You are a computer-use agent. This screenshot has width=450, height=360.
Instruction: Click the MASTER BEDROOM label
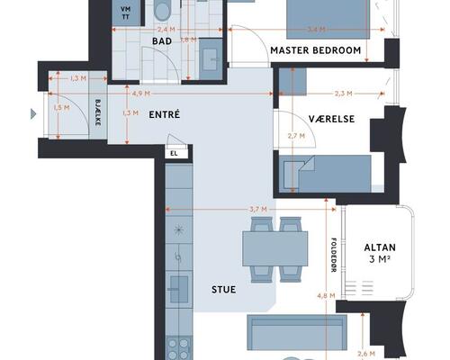[x=316, y=50]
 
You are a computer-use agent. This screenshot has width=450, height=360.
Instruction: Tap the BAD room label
[x=162, y=41]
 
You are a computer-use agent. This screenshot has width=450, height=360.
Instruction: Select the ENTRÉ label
[x=165, y=114]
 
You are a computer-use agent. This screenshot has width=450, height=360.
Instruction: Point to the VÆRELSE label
[x=331, y=119]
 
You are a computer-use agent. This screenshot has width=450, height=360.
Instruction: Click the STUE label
[x=224, y=290]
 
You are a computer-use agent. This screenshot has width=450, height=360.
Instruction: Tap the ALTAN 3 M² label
[x=380, y=253]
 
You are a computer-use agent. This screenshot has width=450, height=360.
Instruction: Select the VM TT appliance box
[x=126, y=13]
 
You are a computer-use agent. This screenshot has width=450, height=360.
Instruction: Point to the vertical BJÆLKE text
[x=98, y=112]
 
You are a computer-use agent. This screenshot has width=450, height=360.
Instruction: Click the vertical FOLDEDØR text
[x=333, y=255]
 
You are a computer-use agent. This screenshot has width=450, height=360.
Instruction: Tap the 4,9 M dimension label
[x=141, y=94]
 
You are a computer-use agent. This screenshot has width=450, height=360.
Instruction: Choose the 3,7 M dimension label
[x=258, y=209]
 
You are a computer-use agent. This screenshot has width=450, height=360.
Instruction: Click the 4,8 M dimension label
[x=326, y=296]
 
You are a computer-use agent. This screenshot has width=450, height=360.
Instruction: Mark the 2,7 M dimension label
[x=296, y=136]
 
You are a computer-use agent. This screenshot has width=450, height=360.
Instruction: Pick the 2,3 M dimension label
[x=344, y=94]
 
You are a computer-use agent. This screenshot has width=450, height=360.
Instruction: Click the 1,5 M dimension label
[x=61, y=107]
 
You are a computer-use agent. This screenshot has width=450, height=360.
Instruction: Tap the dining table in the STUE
[x=275, y=248]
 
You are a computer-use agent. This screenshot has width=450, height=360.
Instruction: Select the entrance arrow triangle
[x=33, y=114]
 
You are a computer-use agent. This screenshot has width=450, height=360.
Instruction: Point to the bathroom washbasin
[x=211, y=59]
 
